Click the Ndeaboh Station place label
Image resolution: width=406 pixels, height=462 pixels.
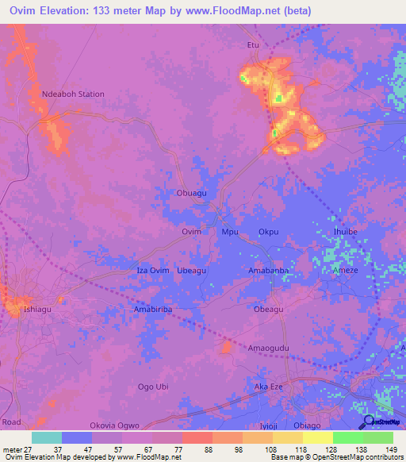click(x=72, y=94)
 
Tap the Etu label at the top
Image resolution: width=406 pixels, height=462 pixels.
click(x=254, y=45)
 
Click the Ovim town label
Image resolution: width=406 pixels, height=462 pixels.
click(x=191, y=232)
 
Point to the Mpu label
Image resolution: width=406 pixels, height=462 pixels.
click(x=230, y=232)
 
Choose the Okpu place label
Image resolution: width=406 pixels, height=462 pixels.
click(x=269, y=232)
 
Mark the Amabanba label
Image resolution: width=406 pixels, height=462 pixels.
click(x=269, y=271)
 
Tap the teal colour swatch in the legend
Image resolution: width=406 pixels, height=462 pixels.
click(x=47, y=437)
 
